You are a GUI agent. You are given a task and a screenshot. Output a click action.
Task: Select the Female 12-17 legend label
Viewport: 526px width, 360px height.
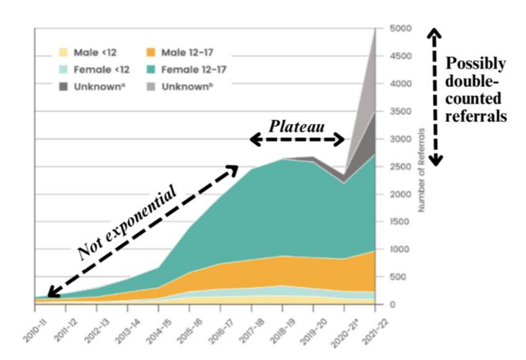tap(194, 69)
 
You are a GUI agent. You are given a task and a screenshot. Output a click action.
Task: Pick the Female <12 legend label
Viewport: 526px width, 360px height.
tap(101, 69)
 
